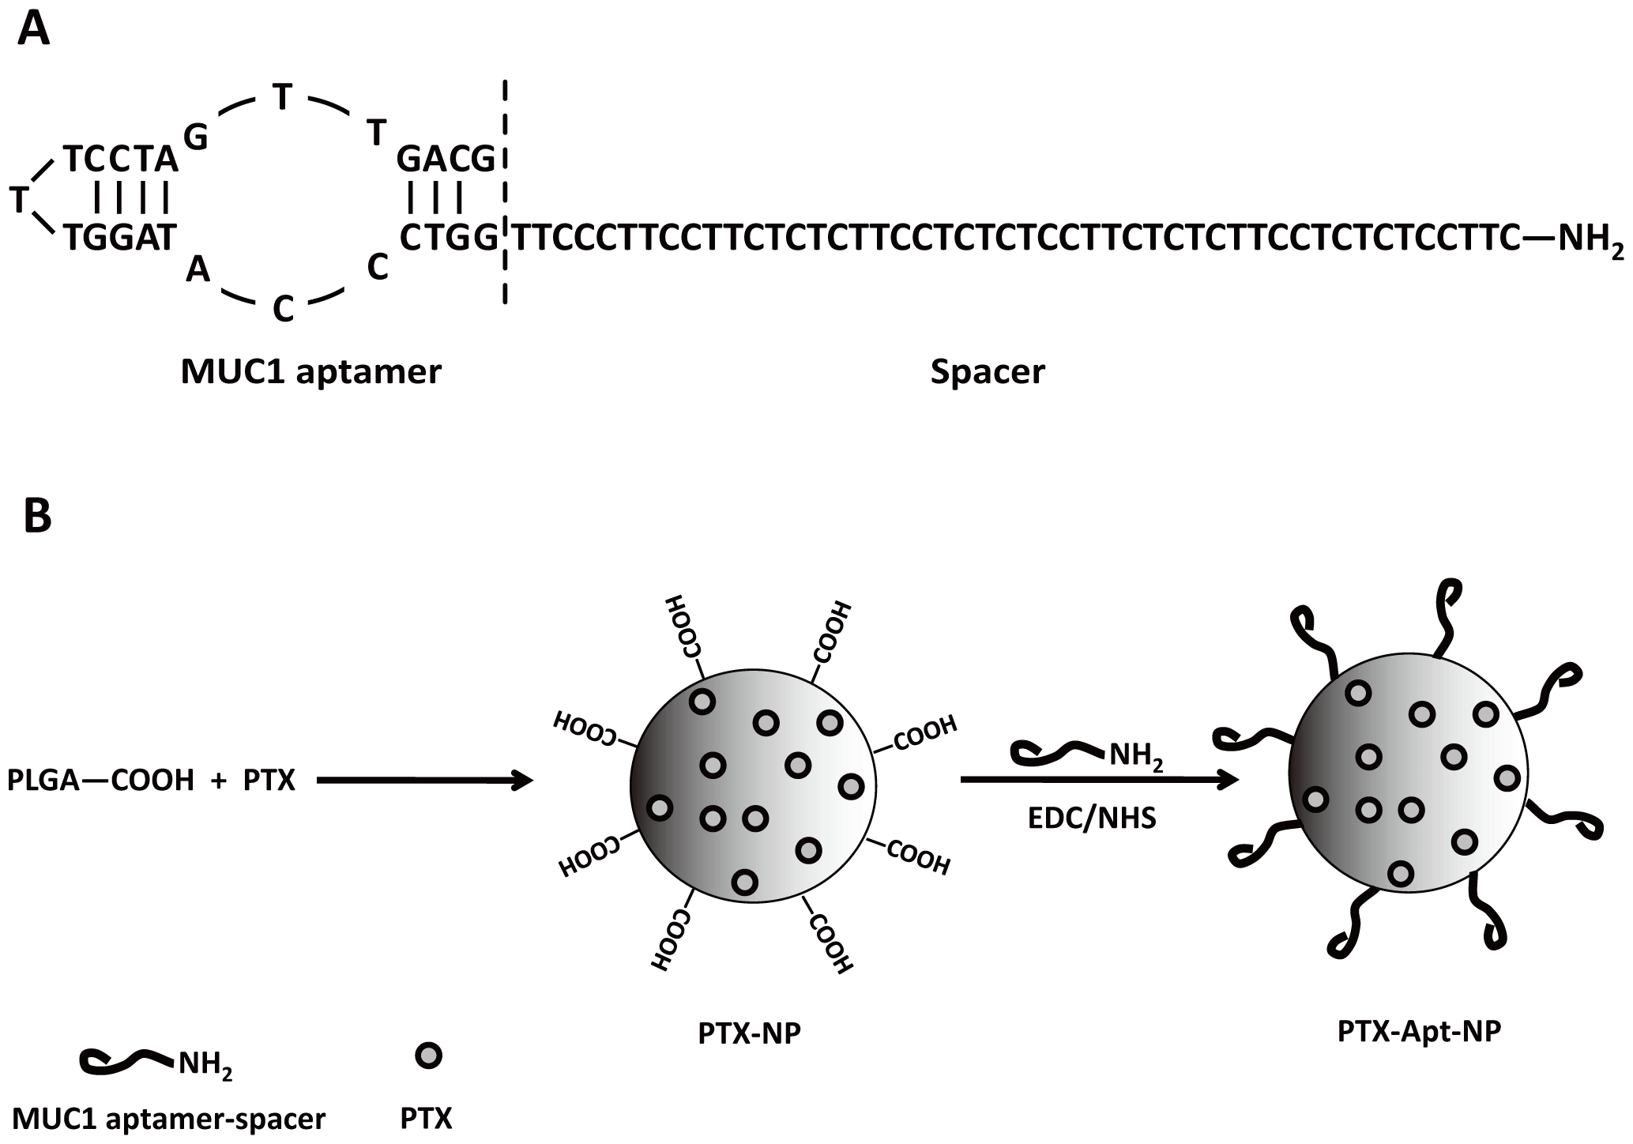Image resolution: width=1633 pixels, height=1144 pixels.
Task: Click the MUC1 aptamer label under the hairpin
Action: (310, 371)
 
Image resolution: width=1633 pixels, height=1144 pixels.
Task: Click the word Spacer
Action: (987, 371)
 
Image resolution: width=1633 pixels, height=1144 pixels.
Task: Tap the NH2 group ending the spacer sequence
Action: (1589, 237)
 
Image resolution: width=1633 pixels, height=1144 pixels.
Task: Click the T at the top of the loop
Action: (282, 98)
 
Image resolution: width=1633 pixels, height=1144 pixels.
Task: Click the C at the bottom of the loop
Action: (283, 310)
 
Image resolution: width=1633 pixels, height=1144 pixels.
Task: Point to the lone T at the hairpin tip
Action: (19, 200)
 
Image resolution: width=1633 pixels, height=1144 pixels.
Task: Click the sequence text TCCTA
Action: (121, 160)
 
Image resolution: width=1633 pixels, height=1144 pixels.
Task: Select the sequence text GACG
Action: (446, 160)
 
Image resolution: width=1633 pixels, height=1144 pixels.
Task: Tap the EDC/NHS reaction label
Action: (1091, 818)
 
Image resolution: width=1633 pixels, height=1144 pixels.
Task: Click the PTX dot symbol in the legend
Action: (428, 1056)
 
